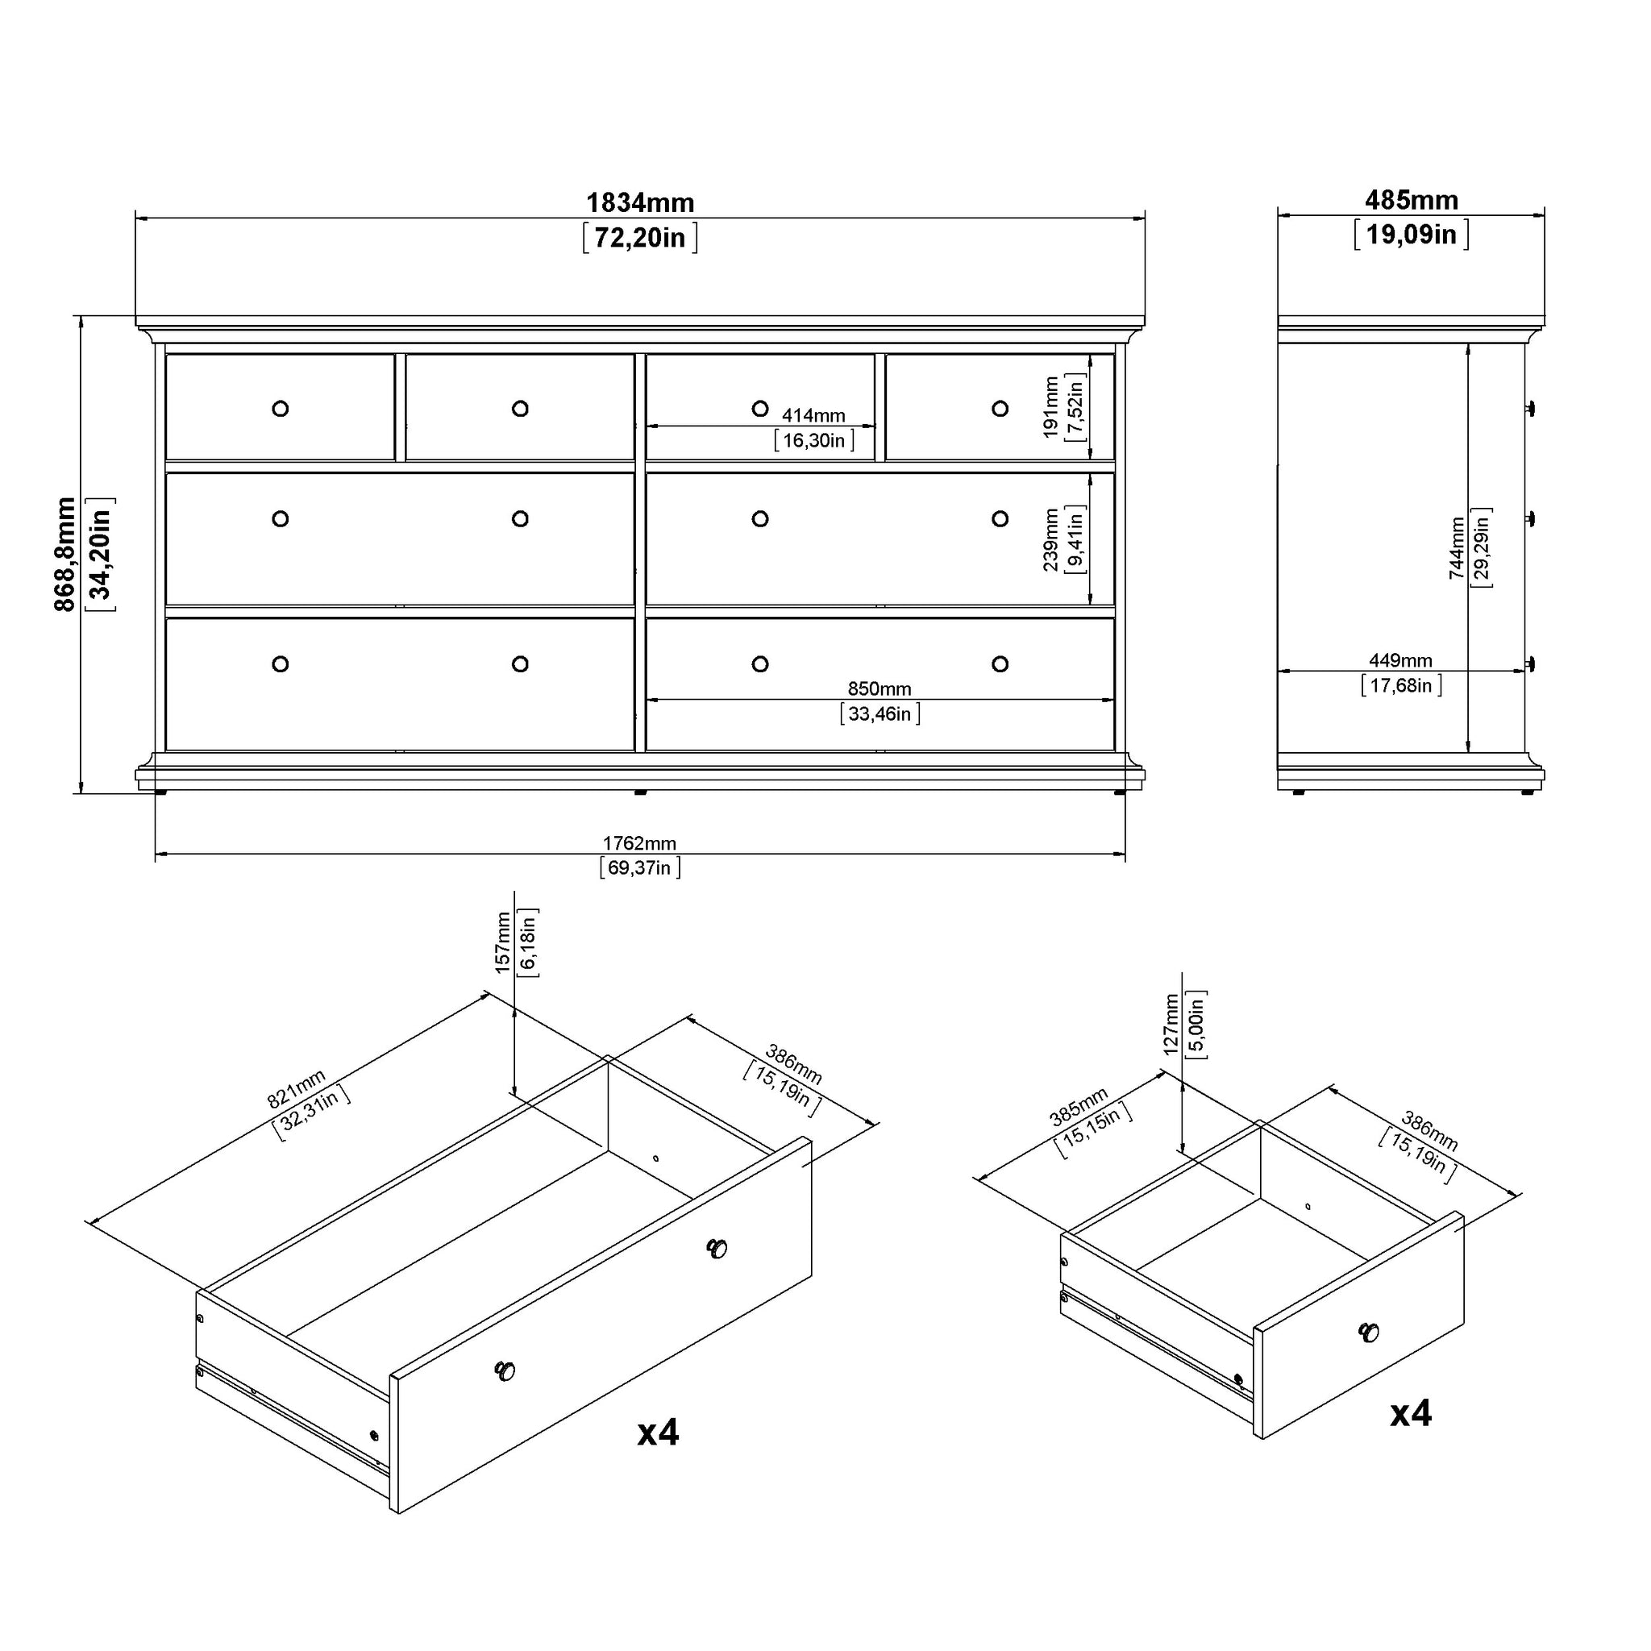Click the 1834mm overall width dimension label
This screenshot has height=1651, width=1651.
tap(640, 202)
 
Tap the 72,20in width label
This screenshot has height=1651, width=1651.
tap(640, 238)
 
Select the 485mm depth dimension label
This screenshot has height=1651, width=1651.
tap(1412, 200)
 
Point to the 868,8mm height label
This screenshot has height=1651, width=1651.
tap(65, 554)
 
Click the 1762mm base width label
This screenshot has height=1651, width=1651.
tap(639, 843)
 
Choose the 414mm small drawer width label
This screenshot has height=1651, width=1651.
tap(813, 415)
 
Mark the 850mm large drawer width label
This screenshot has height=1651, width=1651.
tap(880, 688)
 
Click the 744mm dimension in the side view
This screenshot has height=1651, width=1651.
tap(1457, 547)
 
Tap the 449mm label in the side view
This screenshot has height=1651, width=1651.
tap(1400, 660)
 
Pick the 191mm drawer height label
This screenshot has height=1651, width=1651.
tap(1051, 408)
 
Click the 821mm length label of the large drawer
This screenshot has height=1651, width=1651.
tap(297, 1088)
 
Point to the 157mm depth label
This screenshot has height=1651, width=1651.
tap(503, 943)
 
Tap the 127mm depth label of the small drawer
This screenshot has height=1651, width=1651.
tap(1171, 1025)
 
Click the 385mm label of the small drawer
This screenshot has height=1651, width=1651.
tap(1079, 1107)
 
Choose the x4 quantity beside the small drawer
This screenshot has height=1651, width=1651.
tap(1411, 1413)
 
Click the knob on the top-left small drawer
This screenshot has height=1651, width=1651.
tap(281, 409)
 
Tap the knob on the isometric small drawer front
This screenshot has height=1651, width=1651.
tap(1368, 1333)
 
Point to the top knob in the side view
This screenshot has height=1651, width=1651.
tap(1531, 409)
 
